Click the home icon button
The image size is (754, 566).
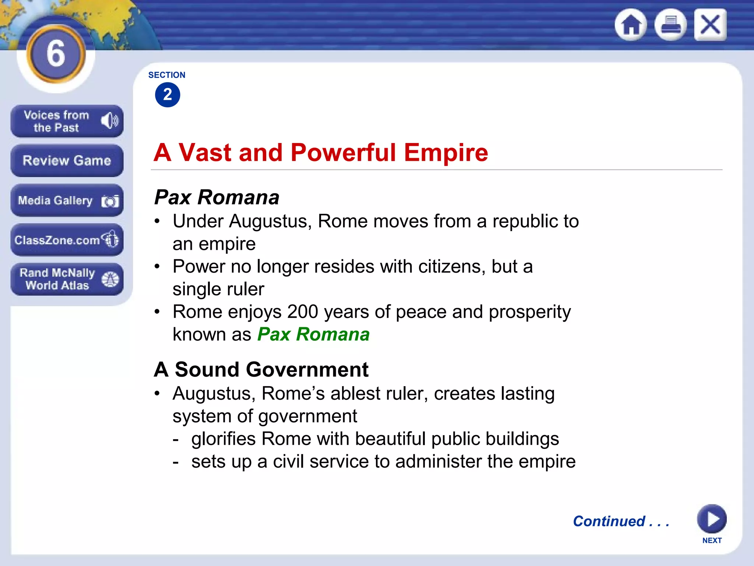tap(631, 25)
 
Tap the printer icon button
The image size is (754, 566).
tap(670, 25)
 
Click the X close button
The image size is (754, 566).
tap(710, 25)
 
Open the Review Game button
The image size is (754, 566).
tap(67, 161)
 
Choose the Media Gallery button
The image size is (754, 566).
tap(67, 200)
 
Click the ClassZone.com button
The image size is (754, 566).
tap(67, 240)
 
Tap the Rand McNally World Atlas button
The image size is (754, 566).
tap(67, 279)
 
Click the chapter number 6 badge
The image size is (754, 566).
tap(56, 54)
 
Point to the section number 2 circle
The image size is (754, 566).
tap(168, 95)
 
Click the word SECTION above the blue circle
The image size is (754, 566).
tap(167, 75)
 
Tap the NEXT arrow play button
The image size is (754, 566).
tap(712, 519)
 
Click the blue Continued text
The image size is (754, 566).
tap(621, 521)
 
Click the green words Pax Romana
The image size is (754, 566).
tap(313, 335)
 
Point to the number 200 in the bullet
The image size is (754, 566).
tap(303, 312)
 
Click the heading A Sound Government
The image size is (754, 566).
tap(261, 370)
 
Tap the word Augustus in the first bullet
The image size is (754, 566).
tap(270, 221)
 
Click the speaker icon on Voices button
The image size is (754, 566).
tap(110, 120)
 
